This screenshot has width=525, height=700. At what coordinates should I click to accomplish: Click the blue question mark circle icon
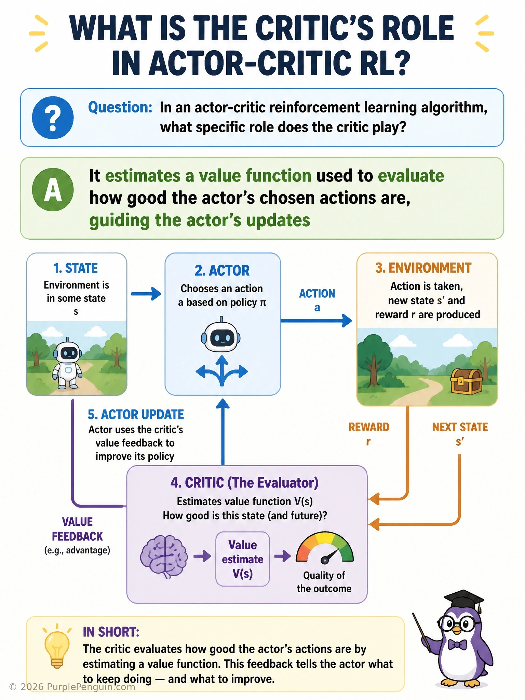click(x=53, y=118)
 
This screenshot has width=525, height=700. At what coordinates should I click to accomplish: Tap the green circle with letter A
click(x=53, y=190)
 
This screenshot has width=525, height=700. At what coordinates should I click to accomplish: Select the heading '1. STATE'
click(x=76, y=268)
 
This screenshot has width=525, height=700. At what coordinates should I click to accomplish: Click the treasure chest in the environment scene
click(x=467, y=381)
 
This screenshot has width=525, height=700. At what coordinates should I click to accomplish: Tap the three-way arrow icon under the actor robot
click(x=222, y=371)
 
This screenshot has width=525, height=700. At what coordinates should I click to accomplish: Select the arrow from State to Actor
click(x=146, y=294)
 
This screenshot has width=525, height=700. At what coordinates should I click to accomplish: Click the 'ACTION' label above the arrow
click(x=317, y=294)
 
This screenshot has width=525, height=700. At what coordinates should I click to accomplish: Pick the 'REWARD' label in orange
click(x=369, y=427)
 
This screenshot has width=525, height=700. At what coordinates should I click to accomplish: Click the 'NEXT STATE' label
click(x=460, y=427)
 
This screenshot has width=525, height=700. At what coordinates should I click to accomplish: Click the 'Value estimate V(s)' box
click(x=243, y=559)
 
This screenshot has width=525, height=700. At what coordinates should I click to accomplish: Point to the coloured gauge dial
click(x=324, y=547)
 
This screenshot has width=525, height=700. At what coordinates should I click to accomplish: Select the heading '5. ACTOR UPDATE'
click(x=136, y=415)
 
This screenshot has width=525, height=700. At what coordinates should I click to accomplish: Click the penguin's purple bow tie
click(x=457, y=645)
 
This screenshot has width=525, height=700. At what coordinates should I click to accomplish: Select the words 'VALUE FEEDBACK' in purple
click(x=77, y=529)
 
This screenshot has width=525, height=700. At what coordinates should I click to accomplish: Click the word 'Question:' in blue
click(x=120, y=107)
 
